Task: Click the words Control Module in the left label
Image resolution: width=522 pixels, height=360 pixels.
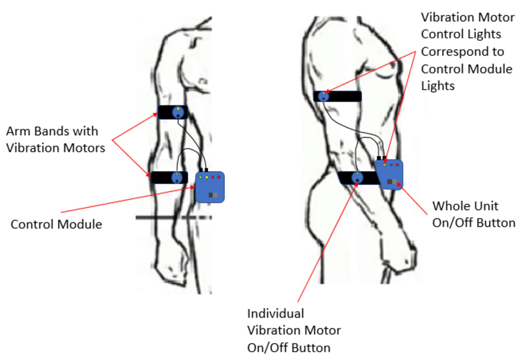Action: point(56,224)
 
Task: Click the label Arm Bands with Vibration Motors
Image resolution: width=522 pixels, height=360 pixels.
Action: point(55,139)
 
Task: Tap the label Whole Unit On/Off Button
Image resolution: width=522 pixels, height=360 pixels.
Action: point(474,214)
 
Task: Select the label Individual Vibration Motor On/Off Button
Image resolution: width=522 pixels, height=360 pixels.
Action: point(293,330)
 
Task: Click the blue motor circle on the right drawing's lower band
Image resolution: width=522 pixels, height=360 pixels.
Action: point(357,178)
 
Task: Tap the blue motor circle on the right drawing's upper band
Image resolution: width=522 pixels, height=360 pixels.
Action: point(324,96)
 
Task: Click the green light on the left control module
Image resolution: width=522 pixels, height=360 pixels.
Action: point(201,178)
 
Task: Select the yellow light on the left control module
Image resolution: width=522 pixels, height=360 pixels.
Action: point(207,178)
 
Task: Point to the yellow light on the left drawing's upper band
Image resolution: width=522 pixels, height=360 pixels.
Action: point(178,109)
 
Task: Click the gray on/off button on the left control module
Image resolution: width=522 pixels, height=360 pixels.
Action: point(213,195)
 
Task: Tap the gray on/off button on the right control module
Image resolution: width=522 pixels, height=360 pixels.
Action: point(392,182)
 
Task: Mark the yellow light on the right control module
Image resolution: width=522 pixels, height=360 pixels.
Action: point(385,165)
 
